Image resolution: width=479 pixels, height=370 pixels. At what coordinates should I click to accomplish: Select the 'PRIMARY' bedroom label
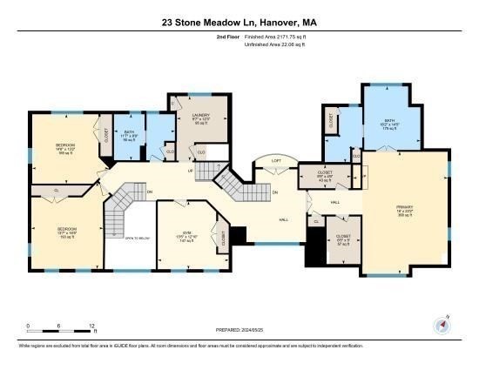pos(403,210)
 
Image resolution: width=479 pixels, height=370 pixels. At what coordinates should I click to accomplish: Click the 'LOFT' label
pos(275,160)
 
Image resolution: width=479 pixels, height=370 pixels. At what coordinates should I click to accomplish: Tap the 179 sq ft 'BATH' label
pos(389,123)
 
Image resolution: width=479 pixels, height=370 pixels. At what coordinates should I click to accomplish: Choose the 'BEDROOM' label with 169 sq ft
pos(66,145)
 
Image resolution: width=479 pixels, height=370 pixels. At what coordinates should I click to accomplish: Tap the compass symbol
pos(442,326)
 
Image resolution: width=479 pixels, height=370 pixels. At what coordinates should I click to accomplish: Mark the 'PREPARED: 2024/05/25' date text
pos(239,330)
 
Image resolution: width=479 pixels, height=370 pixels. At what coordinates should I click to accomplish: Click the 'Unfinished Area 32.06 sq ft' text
pos(276,47)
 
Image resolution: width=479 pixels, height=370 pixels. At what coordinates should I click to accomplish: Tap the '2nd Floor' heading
pos(227,39)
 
